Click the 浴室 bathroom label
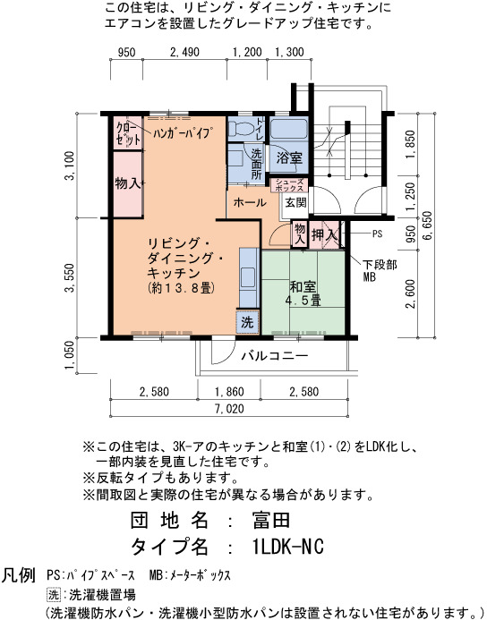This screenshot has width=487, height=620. [x=289, y=158]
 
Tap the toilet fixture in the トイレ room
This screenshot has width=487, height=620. [x=242, y=128]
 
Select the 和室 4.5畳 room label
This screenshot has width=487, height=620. [x=303, y=293]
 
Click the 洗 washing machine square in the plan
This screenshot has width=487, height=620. [x=248, y=322]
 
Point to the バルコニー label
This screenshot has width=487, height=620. [x=275, y=356]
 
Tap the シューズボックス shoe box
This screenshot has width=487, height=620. [x=289, y=185]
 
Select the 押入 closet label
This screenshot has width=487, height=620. [x=325, y=235]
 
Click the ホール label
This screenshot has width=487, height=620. [x=250, y=203]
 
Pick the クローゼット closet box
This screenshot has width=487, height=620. [x=128, y=133]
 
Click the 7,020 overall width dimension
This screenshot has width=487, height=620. [x=229, y=409]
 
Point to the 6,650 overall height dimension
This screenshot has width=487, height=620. [x=428, y=225]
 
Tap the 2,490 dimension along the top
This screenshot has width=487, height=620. [x=184, y=52]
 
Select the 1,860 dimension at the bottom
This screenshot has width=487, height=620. [x=229, y=392]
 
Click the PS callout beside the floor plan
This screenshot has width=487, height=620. [x=377, y=234]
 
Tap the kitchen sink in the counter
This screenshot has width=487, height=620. [x=248, y=277]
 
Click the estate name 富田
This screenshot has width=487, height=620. [x=271, y=520]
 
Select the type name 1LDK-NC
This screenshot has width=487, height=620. [x=287, y=547]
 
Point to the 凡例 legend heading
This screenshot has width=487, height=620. [x=19, y=575]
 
